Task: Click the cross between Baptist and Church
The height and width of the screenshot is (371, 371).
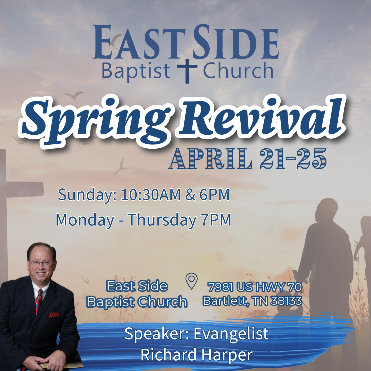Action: (x=187, y=71)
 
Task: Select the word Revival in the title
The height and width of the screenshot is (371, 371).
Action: (x=261, y=117)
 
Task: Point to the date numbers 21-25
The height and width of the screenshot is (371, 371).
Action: (x=293, y=159)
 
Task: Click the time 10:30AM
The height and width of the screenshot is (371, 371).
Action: (x=151, y=195)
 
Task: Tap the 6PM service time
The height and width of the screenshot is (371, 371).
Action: (x=215, y=195)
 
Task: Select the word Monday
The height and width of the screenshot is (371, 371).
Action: (x=85, y=220)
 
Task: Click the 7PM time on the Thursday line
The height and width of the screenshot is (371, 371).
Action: (x=216, y=220)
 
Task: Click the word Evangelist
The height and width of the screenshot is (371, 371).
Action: (x=231, y=334)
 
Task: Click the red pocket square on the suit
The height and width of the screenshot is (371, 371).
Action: (x=54, y=315)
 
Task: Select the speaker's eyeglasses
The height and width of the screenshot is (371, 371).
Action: (x=41, y=263)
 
